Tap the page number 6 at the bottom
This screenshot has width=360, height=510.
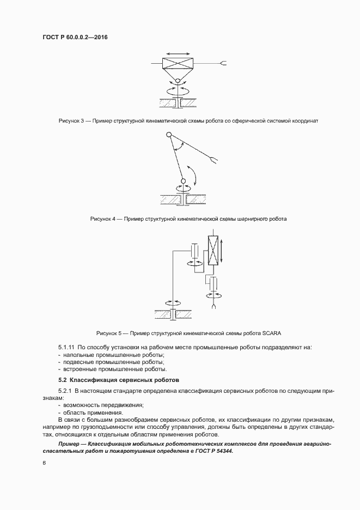tap(44, 463)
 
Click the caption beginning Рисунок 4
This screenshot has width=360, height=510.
tap(188, 219)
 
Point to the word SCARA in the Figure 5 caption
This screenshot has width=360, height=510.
tap(271, 333)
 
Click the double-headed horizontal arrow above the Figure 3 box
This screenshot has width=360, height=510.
tap(176, 53)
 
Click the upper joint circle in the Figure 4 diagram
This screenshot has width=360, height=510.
tap(169, 134)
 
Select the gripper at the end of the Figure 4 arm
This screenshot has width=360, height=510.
tap(214, 160)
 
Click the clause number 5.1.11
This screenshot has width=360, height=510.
tap(66, 347)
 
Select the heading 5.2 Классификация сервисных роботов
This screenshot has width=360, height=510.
tap(119, 379)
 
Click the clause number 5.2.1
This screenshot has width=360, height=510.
tap(65, 391)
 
